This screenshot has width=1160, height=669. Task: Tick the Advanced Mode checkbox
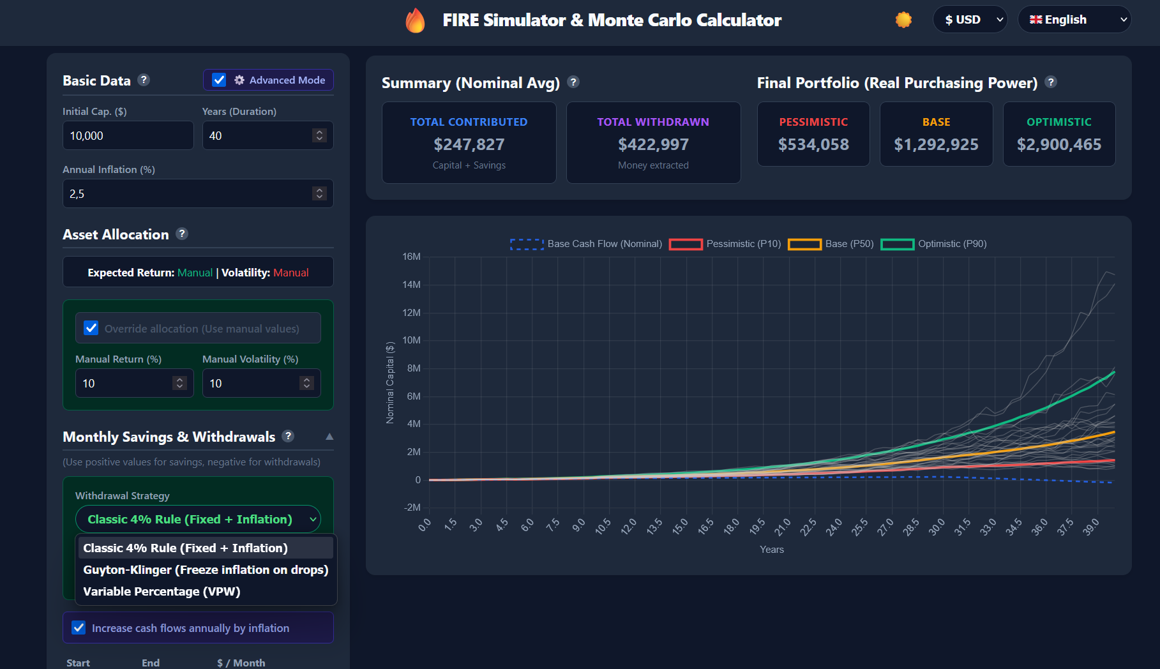click(x=219, y=80)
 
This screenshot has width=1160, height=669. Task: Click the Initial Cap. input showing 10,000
click(x=128, y=135)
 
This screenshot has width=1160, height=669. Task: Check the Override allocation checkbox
click(x=91, y=328)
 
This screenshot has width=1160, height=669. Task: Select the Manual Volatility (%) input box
click(x=253, y=383)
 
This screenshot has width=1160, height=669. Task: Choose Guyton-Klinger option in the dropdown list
click(x=206, y=569)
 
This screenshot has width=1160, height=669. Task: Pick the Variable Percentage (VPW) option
click(x=162, y=591)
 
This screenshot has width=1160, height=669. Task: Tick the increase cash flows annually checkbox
click(x=79, y=628)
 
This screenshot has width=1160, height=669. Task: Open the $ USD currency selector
click(x=970, y=20)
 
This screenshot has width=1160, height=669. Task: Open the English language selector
click(x=1074, y=20)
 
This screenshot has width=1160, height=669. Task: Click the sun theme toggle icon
click(x=903, y=20)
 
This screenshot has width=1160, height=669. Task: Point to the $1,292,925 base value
click(x=936, y=145)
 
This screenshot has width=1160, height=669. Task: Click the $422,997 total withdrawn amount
click(x=653, y=145)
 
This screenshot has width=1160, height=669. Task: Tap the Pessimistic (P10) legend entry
click(x=725, y=244)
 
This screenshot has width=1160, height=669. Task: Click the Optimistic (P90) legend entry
click(x=934, y=244)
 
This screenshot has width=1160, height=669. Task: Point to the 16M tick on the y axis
click(x=411, y=257)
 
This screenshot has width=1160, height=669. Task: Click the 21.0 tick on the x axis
click(x=782, y=527)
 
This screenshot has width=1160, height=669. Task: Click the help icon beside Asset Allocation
click(x=182, y=234)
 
